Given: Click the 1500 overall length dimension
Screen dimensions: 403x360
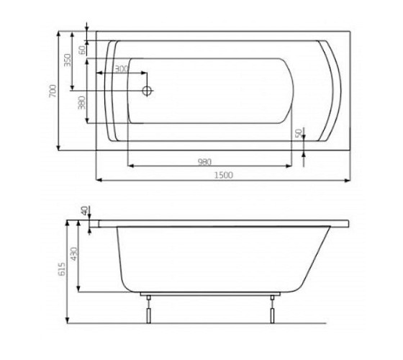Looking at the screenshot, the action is coord(224,176).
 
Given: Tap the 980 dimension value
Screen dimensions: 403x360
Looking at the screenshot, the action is coord(204,162).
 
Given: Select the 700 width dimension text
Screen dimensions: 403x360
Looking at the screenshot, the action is coord(53,91).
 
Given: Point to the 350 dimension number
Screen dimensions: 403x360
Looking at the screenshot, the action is coord(68,60).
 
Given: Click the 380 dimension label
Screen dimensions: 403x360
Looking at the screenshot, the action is coord(82,103).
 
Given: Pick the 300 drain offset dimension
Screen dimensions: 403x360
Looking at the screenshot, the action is coord(121,69).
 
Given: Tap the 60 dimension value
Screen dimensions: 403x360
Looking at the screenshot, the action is coord(82,50).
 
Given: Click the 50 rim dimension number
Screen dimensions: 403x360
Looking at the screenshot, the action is coord(299,133).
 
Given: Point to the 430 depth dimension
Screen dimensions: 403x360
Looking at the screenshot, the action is coord(73,254).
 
